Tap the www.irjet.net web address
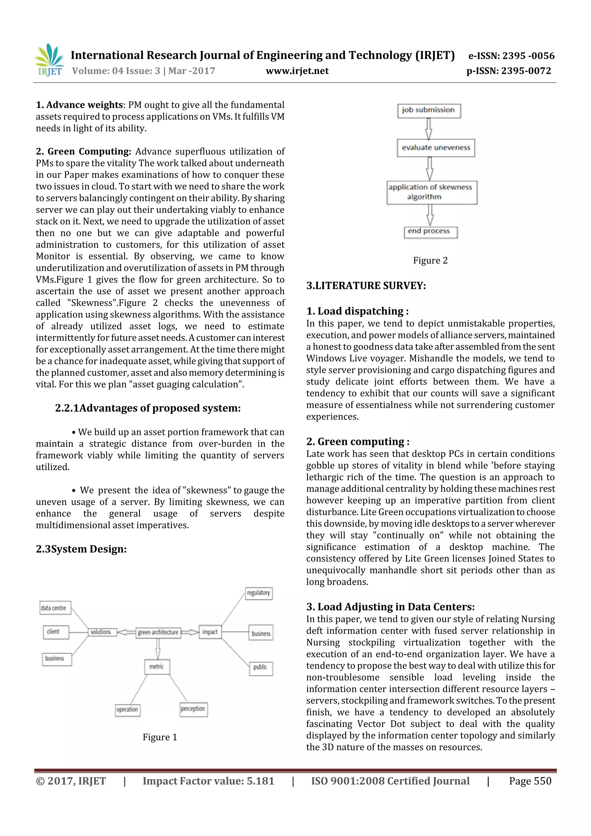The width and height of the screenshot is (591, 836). point(297,71)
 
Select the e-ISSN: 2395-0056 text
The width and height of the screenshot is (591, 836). point(511,56)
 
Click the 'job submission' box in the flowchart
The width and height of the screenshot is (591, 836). point(429,110)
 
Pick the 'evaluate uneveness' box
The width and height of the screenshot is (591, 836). point(435,148)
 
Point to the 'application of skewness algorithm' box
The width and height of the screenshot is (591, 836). point(431,192)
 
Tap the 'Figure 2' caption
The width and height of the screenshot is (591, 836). point(430,260)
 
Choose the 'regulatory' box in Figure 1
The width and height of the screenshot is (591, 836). point(259,593)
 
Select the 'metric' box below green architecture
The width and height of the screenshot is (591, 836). point(157,666)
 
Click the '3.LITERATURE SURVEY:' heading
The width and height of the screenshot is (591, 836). point(366,286)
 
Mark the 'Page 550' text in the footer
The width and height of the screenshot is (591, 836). point(530,781)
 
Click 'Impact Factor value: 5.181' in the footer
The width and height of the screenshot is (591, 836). point(208,781)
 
